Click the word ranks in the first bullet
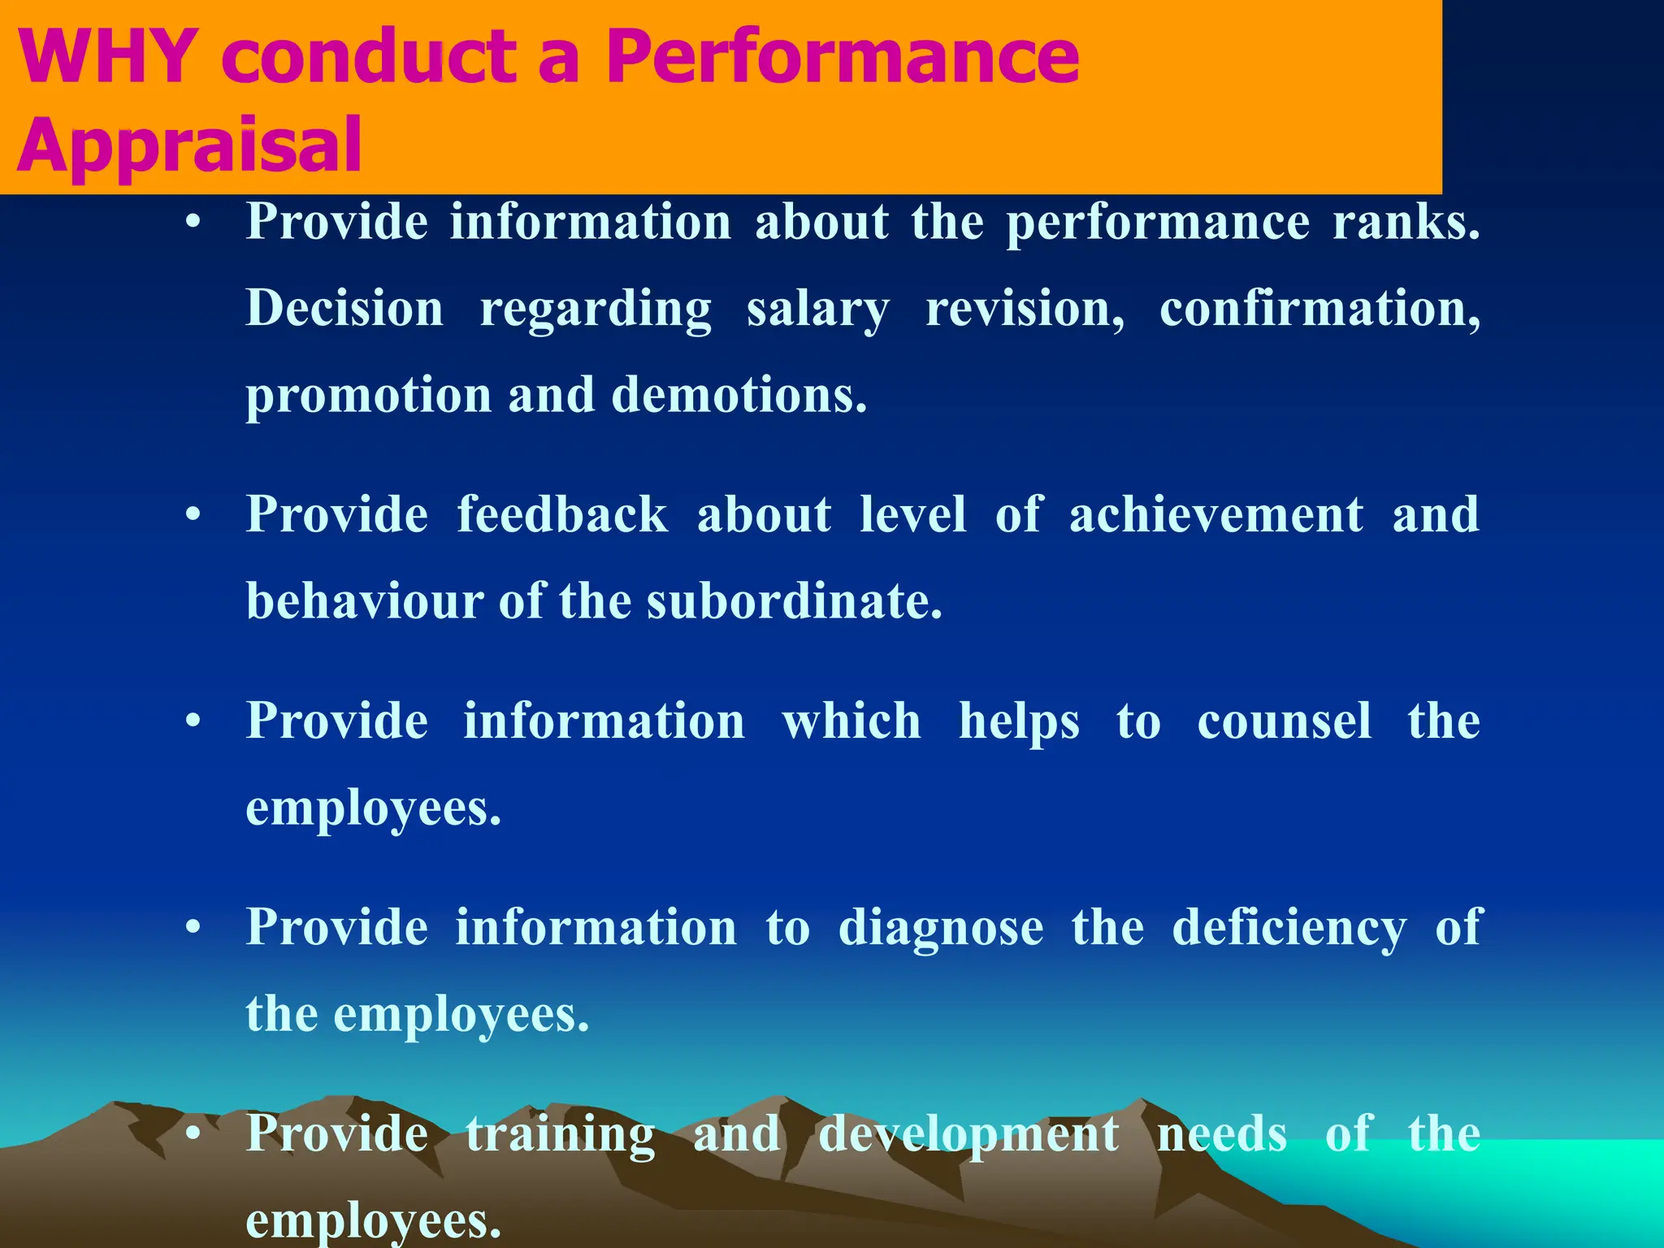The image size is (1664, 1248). click(1406, 222)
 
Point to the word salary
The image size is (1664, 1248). click(817, 310)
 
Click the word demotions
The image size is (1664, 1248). click(739, 396)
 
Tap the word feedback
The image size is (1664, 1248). click(562, 515)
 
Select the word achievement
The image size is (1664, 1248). click(1216, 515)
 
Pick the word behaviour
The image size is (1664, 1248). click(365, 602)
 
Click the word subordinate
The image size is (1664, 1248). click(794, 602)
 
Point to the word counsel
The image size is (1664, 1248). click(1285, 721)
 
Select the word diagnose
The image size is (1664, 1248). click(941, 929)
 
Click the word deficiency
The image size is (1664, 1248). click(1289, 929)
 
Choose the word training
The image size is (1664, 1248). click(560, 1135)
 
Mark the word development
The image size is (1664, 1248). click(968, 1135)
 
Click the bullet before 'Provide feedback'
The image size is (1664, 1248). click(193, 515)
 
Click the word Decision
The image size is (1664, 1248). click(344, 309)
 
